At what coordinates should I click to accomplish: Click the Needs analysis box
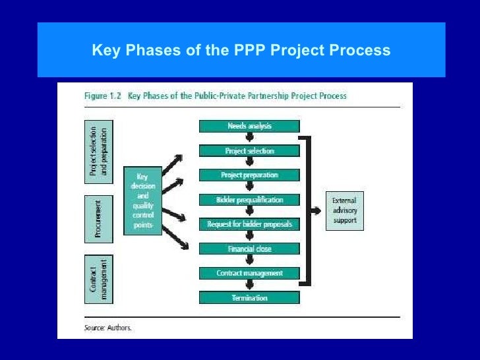[249, 126]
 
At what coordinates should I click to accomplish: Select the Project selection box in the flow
[249, 151]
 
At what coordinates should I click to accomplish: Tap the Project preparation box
[249, 175]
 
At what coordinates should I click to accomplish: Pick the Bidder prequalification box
[249, 200]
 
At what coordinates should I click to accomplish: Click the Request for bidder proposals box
[249, 224]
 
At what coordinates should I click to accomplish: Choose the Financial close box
[249, 249]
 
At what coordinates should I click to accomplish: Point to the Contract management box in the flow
[249, 273]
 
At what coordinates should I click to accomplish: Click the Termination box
[249, 298]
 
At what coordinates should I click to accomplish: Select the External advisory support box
[344, 211]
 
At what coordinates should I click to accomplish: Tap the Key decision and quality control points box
[142, 200]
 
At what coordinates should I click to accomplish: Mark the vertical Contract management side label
[98, 279]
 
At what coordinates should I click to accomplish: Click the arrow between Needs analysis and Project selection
[249, 138]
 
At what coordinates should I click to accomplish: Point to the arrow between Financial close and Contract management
[249, 261]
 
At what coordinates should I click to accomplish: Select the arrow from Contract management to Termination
[249, 285]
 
